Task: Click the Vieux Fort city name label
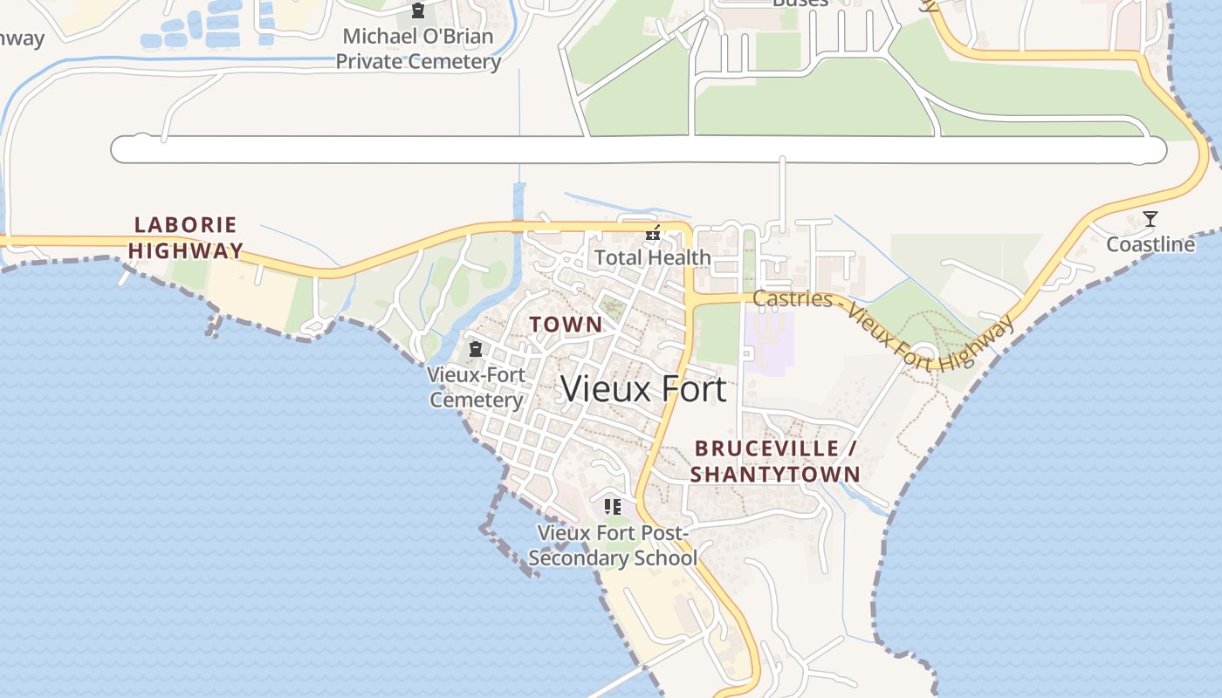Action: (643, 388)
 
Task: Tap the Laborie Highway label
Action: (186, 237)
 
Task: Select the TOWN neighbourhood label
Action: (566, 325)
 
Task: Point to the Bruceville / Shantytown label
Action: (775, 462)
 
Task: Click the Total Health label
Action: (653, 257)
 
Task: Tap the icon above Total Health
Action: (652, 233)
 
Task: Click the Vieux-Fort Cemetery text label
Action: (477, 387)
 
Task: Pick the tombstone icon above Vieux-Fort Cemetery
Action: (476, 350)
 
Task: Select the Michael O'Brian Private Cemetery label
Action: (418, 49)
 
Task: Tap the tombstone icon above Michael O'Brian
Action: (418, 11)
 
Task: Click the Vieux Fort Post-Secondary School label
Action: (613, 545)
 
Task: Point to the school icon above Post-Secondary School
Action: (613, 506)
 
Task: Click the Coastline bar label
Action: (1150, 244)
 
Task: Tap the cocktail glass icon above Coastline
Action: (1150, 219)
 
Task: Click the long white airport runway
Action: (637, 150)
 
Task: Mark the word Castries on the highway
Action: (793, 298)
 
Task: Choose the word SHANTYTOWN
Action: (775, 475)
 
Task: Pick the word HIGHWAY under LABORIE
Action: (186, 250)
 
